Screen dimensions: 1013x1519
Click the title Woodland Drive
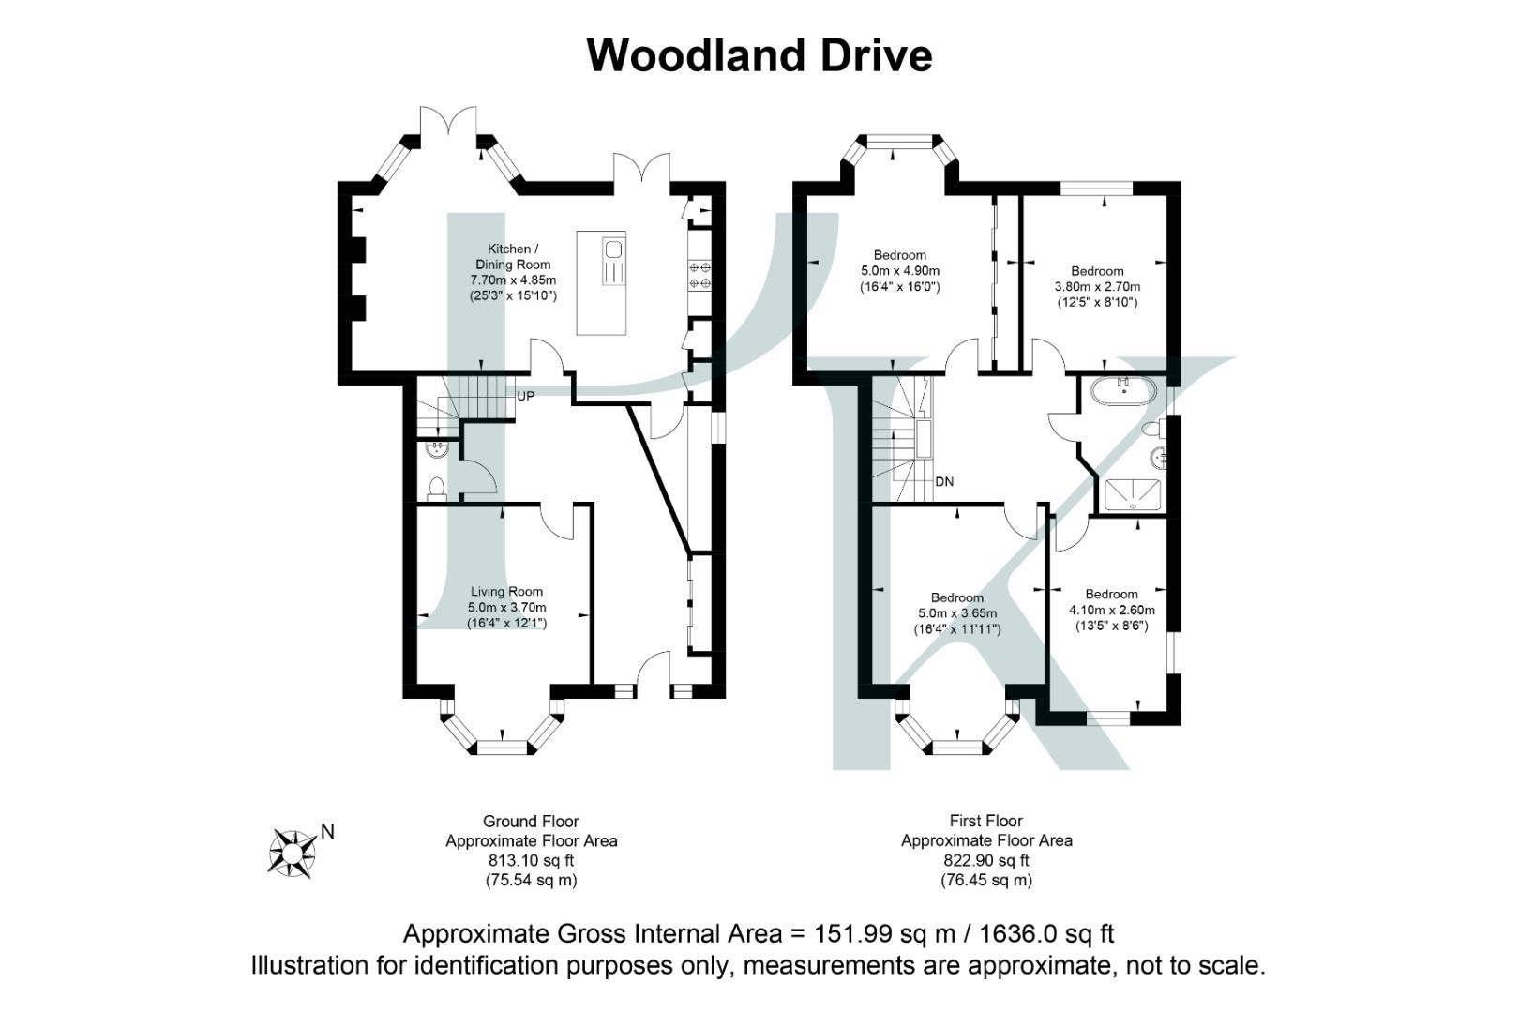[x=759, y=55]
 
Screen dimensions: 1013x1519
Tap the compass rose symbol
[x=292, y=854]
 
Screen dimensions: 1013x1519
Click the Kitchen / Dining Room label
[x=513, y=257]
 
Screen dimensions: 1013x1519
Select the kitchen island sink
[x=614, y=249]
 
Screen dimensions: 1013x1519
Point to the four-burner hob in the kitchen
[x=699, y=275]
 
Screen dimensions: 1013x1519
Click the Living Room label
[x=506, y=592]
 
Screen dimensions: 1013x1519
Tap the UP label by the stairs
[x=526, y=397]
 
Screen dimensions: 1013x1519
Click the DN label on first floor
[x=944, y=482]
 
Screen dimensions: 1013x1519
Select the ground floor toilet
[x=436, y=488]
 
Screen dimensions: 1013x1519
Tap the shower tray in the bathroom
[x=1133, y=495]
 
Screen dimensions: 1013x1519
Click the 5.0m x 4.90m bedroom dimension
[x=899, y=271]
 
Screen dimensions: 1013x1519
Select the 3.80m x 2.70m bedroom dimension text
[x=1097, y=287]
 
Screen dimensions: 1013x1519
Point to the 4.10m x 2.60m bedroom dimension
[x=1111, y=611]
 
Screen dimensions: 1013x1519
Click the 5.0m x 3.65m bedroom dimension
[x=957, y=613]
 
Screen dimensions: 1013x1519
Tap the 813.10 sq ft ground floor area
[x=531, y=861]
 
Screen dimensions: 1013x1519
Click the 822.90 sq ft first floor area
[x=986, y=861]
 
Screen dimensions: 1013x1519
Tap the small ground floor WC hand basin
[x=436, y=449]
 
